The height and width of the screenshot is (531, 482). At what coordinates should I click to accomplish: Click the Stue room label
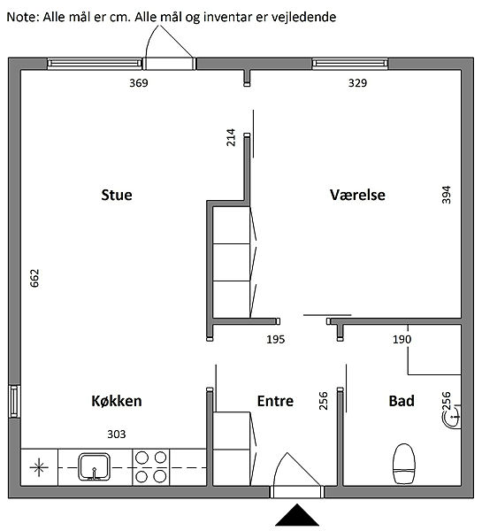tap(117, 195)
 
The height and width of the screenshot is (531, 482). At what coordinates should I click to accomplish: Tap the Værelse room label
tap(357, 195)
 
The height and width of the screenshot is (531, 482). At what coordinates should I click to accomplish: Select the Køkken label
tap(117, 401)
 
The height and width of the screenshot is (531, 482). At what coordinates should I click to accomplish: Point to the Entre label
tap(275, 401)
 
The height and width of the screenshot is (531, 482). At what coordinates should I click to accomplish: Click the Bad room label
tap(402, 401)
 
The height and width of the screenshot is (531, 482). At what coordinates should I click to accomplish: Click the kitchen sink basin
tap(95, 467)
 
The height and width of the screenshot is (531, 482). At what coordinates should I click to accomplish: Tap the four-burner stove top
tap(150, 467)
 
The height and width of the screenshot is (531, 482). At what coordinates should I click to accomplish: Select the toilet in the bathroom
tap(404, 464)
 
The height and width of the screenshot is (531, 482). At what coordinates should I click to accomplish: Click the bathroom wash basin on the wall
tap(452, 417)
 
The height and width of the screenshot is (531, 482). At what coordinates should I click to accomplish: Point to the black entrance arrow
tap(297, 515)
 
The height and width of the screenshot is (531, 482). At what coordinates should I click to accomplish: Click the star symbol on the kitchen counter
tap(39, 467)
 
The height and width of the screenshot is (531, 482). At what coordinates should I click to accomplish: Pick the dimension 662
tap(34, 279)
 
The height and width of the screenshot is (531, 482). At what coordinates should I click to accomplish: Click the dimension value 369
tap(139, 83)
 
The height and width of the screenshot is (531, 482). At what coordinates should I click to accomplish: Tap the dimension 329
tap(357, 83)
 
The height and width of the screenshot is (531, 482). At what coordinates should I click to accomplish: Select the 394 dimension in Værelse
tap(447, 195)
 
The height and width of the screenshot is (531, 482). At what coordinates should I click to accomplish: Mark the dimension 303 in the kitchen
tap(117, 435)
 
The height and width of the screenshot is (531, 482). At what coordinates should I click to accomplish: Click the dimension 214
tap(231, 137)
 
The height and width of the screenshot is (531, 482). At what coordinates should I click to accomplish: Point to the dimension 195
tap(276, 339)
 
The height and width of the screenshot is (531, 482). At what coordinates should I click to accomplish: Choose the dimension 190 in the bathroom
tap(402, 339)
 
